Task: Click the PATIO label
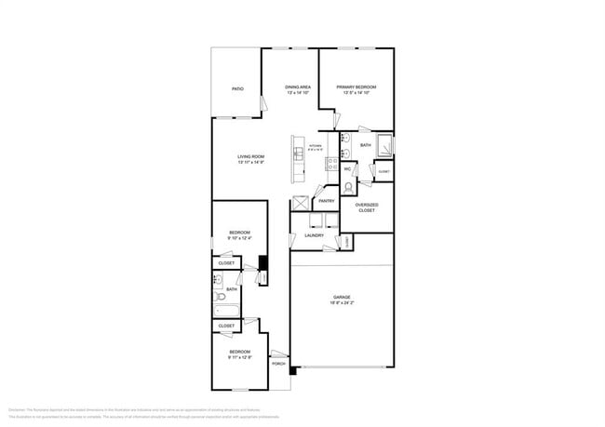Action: (237, 88)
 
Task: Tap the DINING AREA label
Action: (297, 87)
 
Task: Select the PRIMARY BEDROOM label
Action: (356, 87)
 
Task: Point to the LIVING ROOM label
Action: (250, 156)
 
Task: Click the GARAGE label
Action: (316, 297)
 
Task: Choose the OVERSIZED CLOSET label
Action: (367, 207)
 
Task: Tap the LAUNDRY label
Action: (315, 235)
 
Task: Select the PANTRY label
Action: (326, 201)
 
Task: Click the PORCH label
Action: (278, 363)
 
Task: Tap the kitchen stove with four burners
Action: (330, 164)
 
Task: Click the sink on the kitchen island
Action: (298, 151)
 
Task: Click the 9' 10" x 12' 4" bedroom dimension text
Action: (240, 238)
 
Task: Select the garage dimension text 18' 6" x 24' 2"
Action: (316, 303)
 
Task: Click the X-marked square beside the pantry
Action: (301, 203)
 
